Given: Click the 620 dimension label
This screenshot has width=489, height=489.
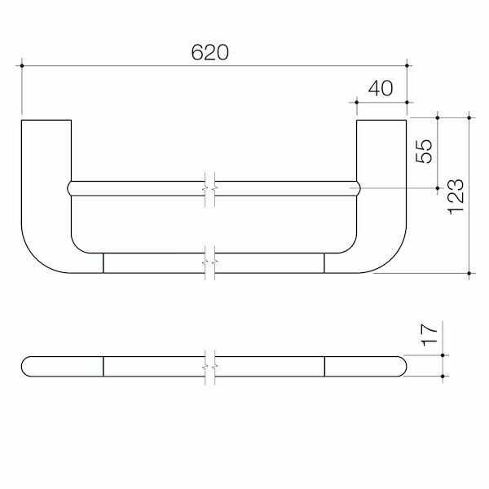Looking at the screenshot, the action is (x=210, y=52).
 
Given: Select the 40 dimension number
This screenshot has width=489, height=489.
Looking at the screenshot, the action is (x=381, y=88).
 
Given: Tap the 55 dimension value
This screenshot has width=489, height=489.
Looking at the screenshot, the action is (x=424, y=151).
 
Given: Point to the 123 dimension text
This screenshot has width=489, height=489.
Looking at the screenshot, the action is (x=456, y=196).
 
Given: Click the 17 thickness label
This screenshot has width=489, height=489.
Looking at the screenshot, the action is (x=429, y=335).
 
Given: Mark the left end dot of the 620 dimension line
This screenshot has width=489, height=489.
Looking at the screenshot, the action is (x=22, y=66).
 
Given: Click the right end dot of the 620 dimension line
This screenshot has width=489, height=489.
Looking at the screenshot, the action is (x=407, y=66).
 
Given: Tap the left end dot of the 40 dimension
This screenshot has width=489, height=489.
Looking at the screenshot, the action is (x=357, y=103).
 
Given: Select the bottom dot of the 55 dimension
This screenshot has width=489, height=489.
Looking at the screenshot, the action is (x=438, y=188).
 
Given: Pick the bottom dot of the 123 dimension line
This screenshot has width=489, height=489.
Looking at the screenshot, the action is (x=469, y=274).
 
